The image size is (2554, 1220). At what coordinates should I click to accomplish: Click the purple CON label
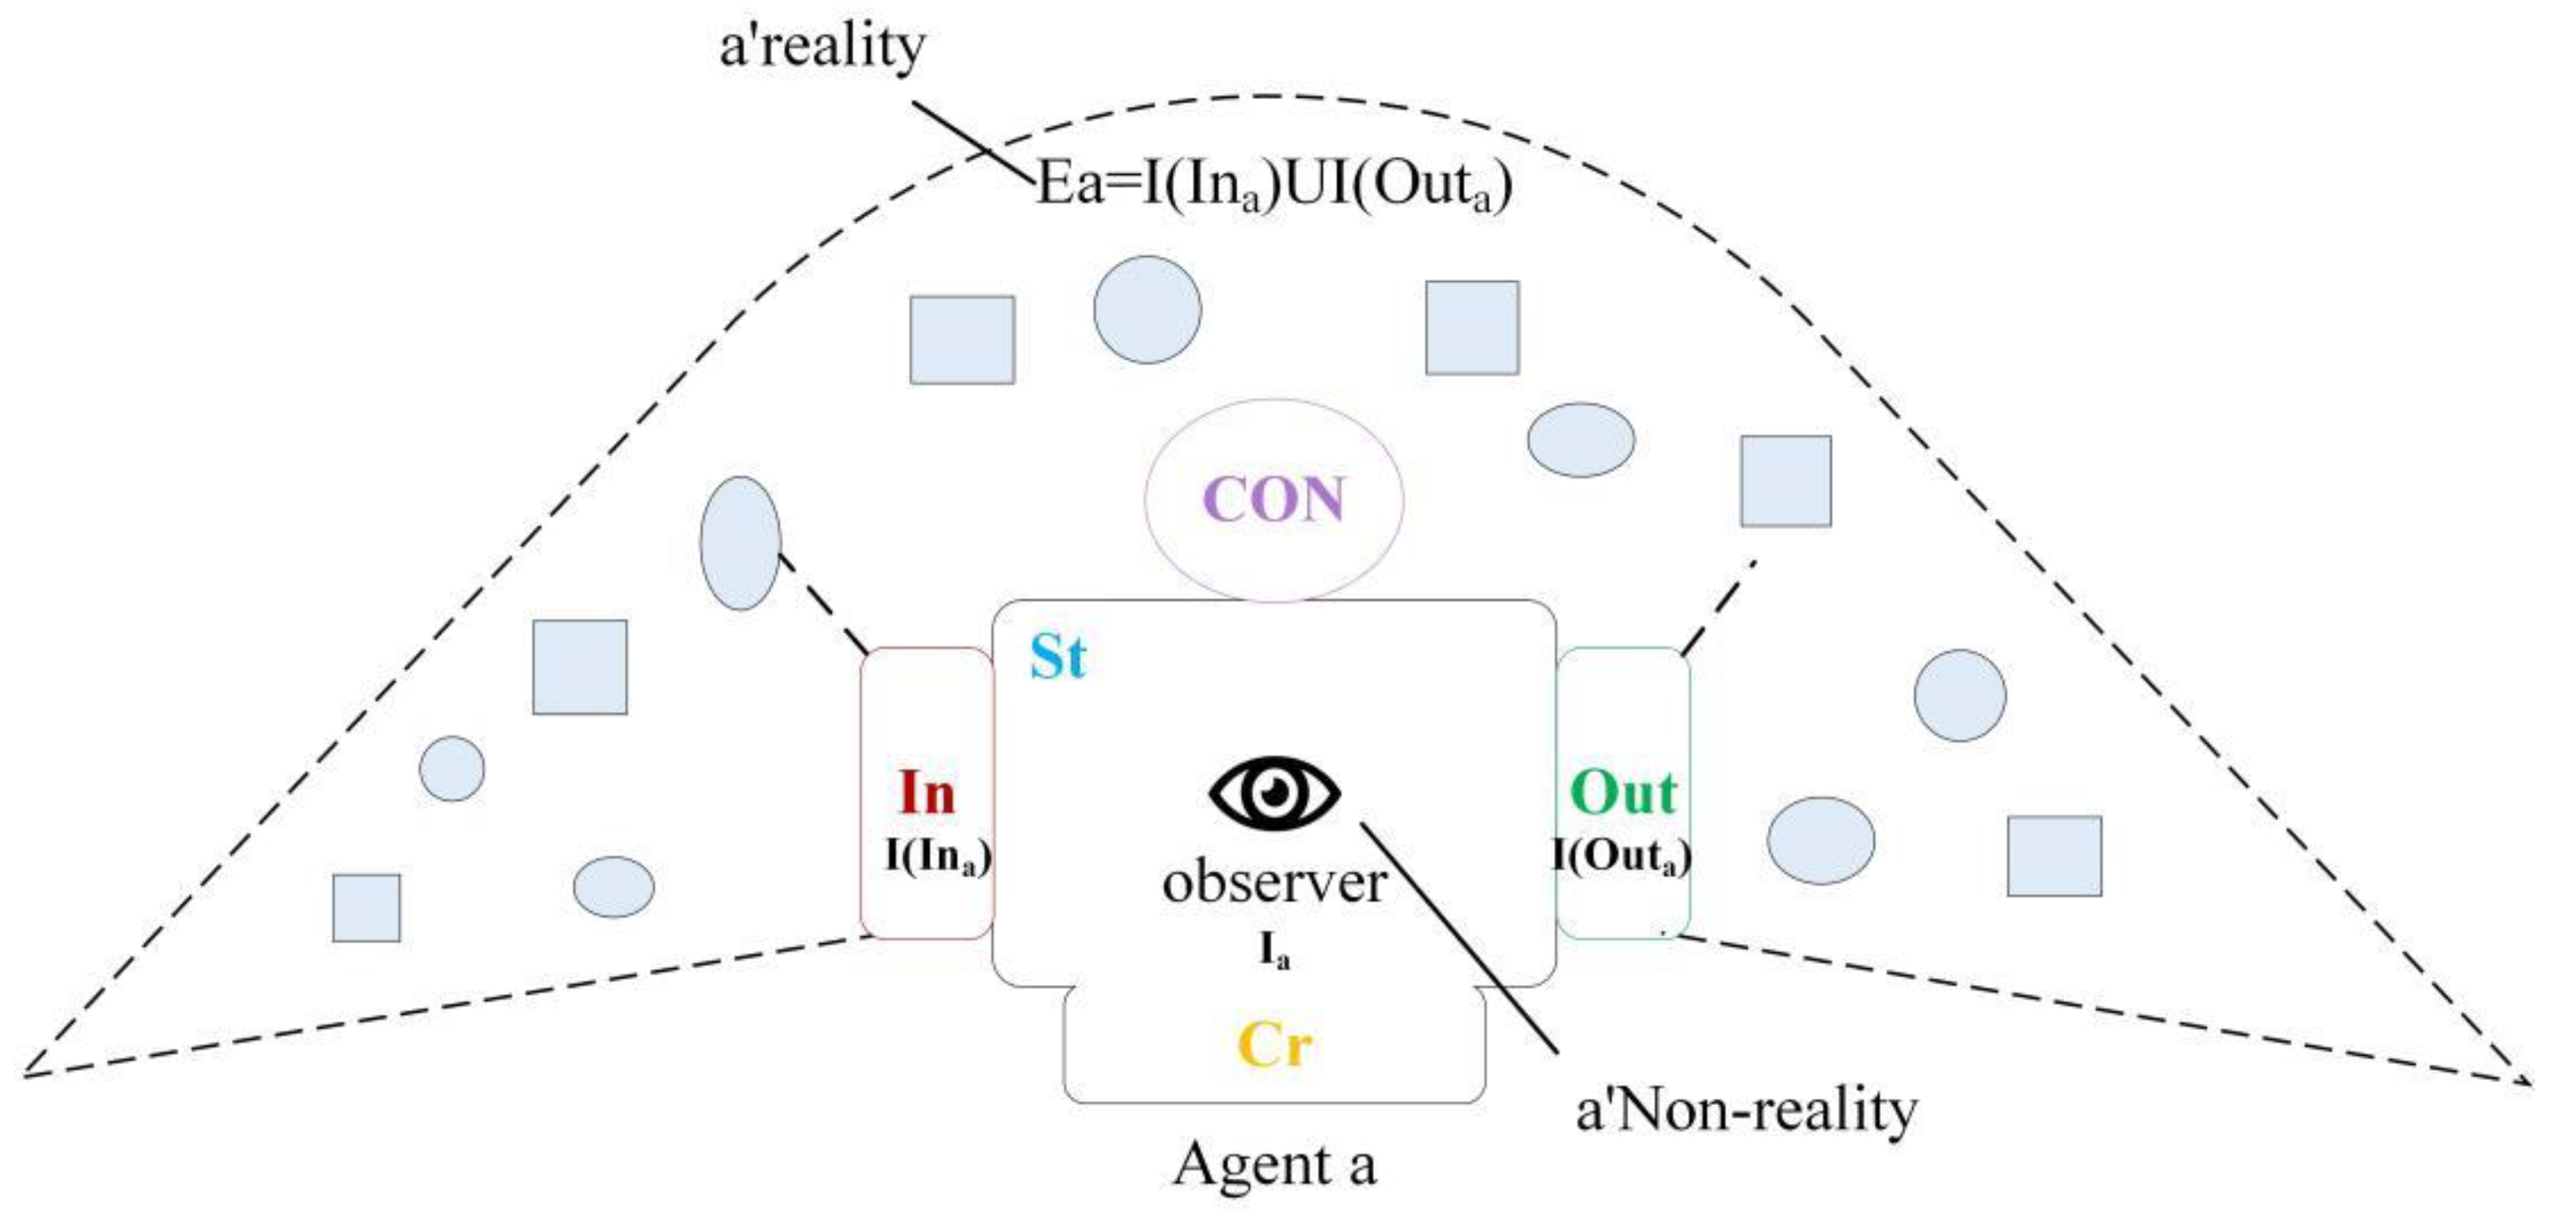[x=1274, y=499]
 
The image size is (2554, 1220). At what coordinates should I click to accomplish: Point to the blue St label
[x=1058, y=656]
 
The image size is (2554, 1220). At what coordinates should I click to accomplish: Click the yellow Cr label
[x=1274, y=1044]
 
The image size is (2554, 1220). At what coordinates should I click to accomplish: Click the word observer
[x=1274, y=883]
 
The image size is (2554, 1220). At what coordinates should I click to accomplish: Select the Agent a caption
[x=1275, y=1163]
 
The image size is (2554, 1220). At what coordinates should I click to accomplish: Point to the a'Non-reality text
[x=1746, y=1110]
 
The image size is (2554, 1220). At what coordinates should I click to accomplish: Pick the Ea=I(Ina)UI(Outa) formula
[x=1275, y=184]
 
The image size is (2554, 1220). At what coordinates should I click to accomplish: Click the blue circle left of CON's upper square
[x=1147, y=309]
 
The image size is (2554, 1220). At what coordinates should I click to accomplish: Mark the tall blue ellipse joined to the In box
[x=741, y=543]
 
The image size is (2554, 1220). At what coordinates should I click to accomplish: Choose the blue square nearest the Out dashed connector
[x=1786, y=481]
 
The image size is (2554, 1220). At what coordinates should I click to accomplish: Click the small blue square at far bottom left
[x=367, y=907]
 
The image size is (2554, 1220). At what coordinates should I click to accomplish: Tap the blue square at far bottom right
[x=2054, y=856]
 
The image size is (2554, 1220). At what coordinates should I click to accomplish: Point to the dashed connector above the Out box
[x=1718, y=607]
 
